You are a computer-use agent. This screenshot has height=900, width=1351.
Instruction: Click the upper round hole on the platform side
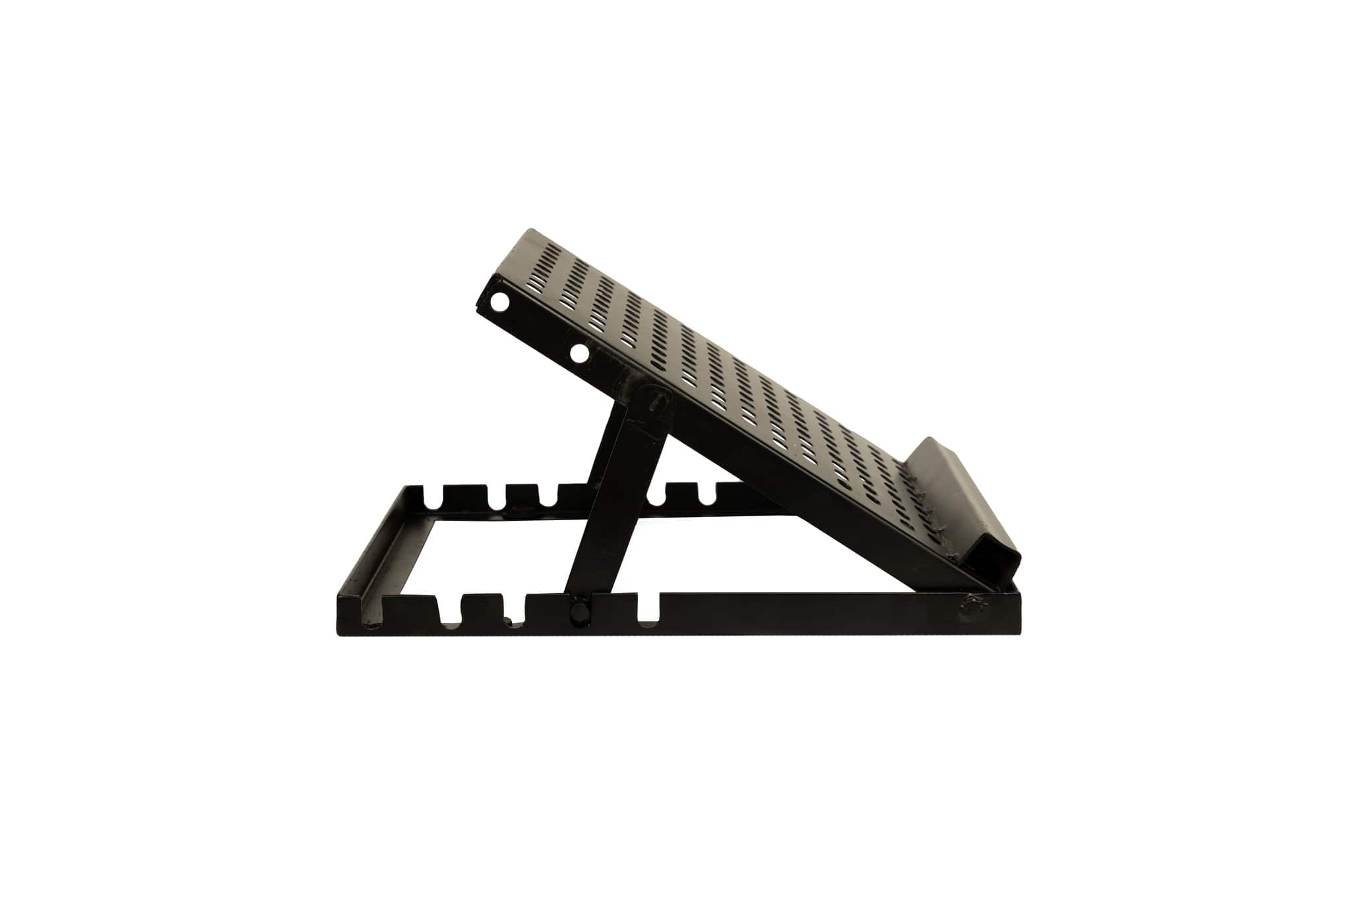(x=500, y=303)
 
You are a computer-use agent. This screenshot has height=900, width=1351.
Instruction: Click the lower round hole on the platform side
(x=580, y=354)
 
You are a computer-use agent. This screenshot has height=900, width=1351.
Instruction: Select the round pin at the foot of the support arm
(x=581, y=611)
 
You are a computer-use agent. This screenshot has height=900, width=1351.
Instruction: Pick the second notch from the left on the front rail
(x=515, y=609)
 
